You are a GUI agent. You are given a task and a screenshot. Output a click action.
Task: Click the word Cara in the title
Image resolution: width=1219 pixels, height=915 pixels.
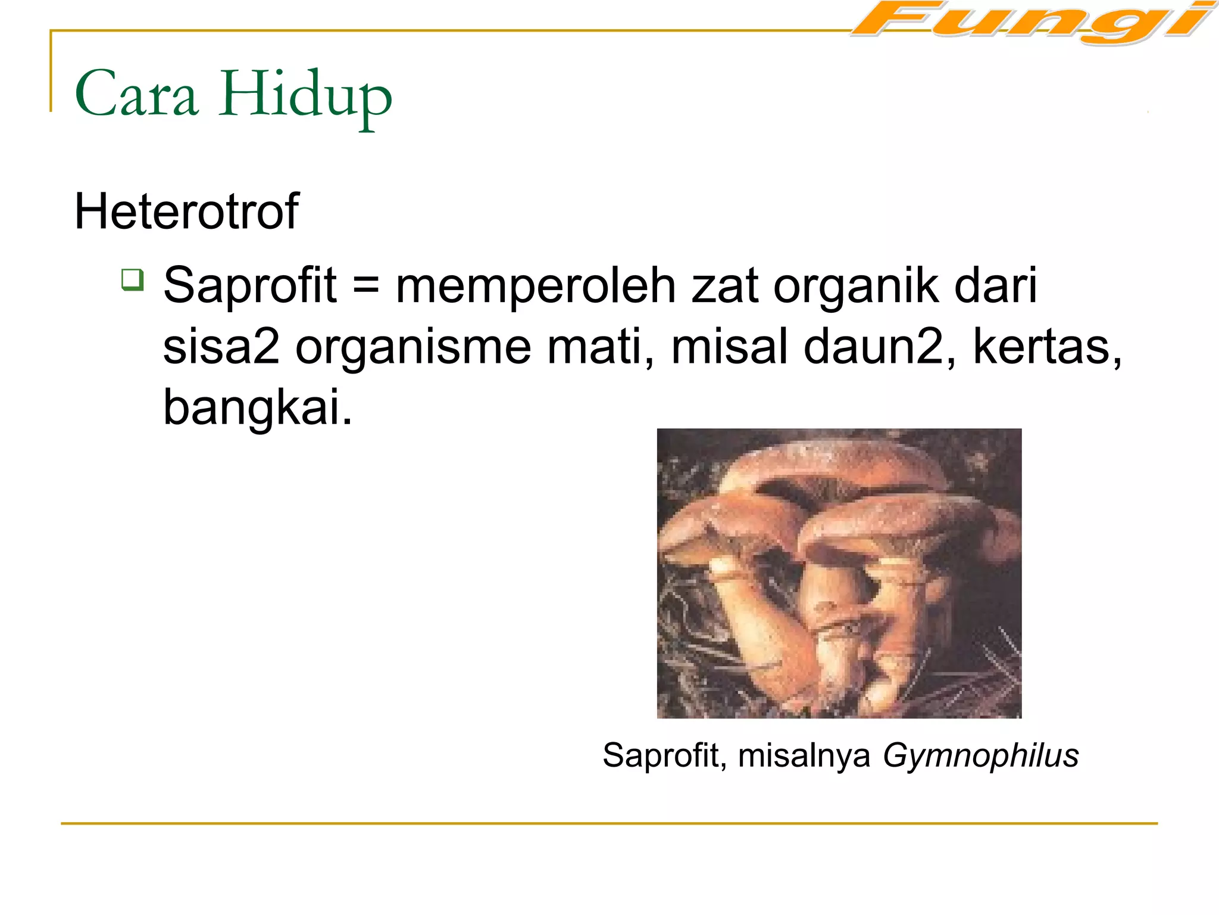click(136, 94)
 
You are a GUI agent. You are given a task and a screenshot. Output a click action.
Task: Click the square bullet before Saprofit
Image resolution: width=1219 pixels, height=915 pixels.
click(132, 279)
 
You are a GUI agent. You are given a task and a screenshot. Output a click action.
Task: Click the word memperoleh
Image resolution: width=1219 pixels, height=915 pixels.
click(536, 286)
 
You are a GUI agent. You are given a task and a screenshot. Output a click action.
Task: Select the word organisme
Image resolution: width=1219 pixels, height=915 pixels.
click(413, 348)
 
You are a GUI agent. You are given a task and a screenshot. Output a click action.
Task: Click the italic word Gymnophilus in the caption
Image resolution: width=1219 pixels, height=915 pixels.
click(980, 756)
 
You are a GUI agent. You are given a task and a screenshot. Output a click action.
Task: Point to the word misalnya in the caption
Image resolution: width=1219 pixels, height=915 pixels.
click(804, 755)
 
